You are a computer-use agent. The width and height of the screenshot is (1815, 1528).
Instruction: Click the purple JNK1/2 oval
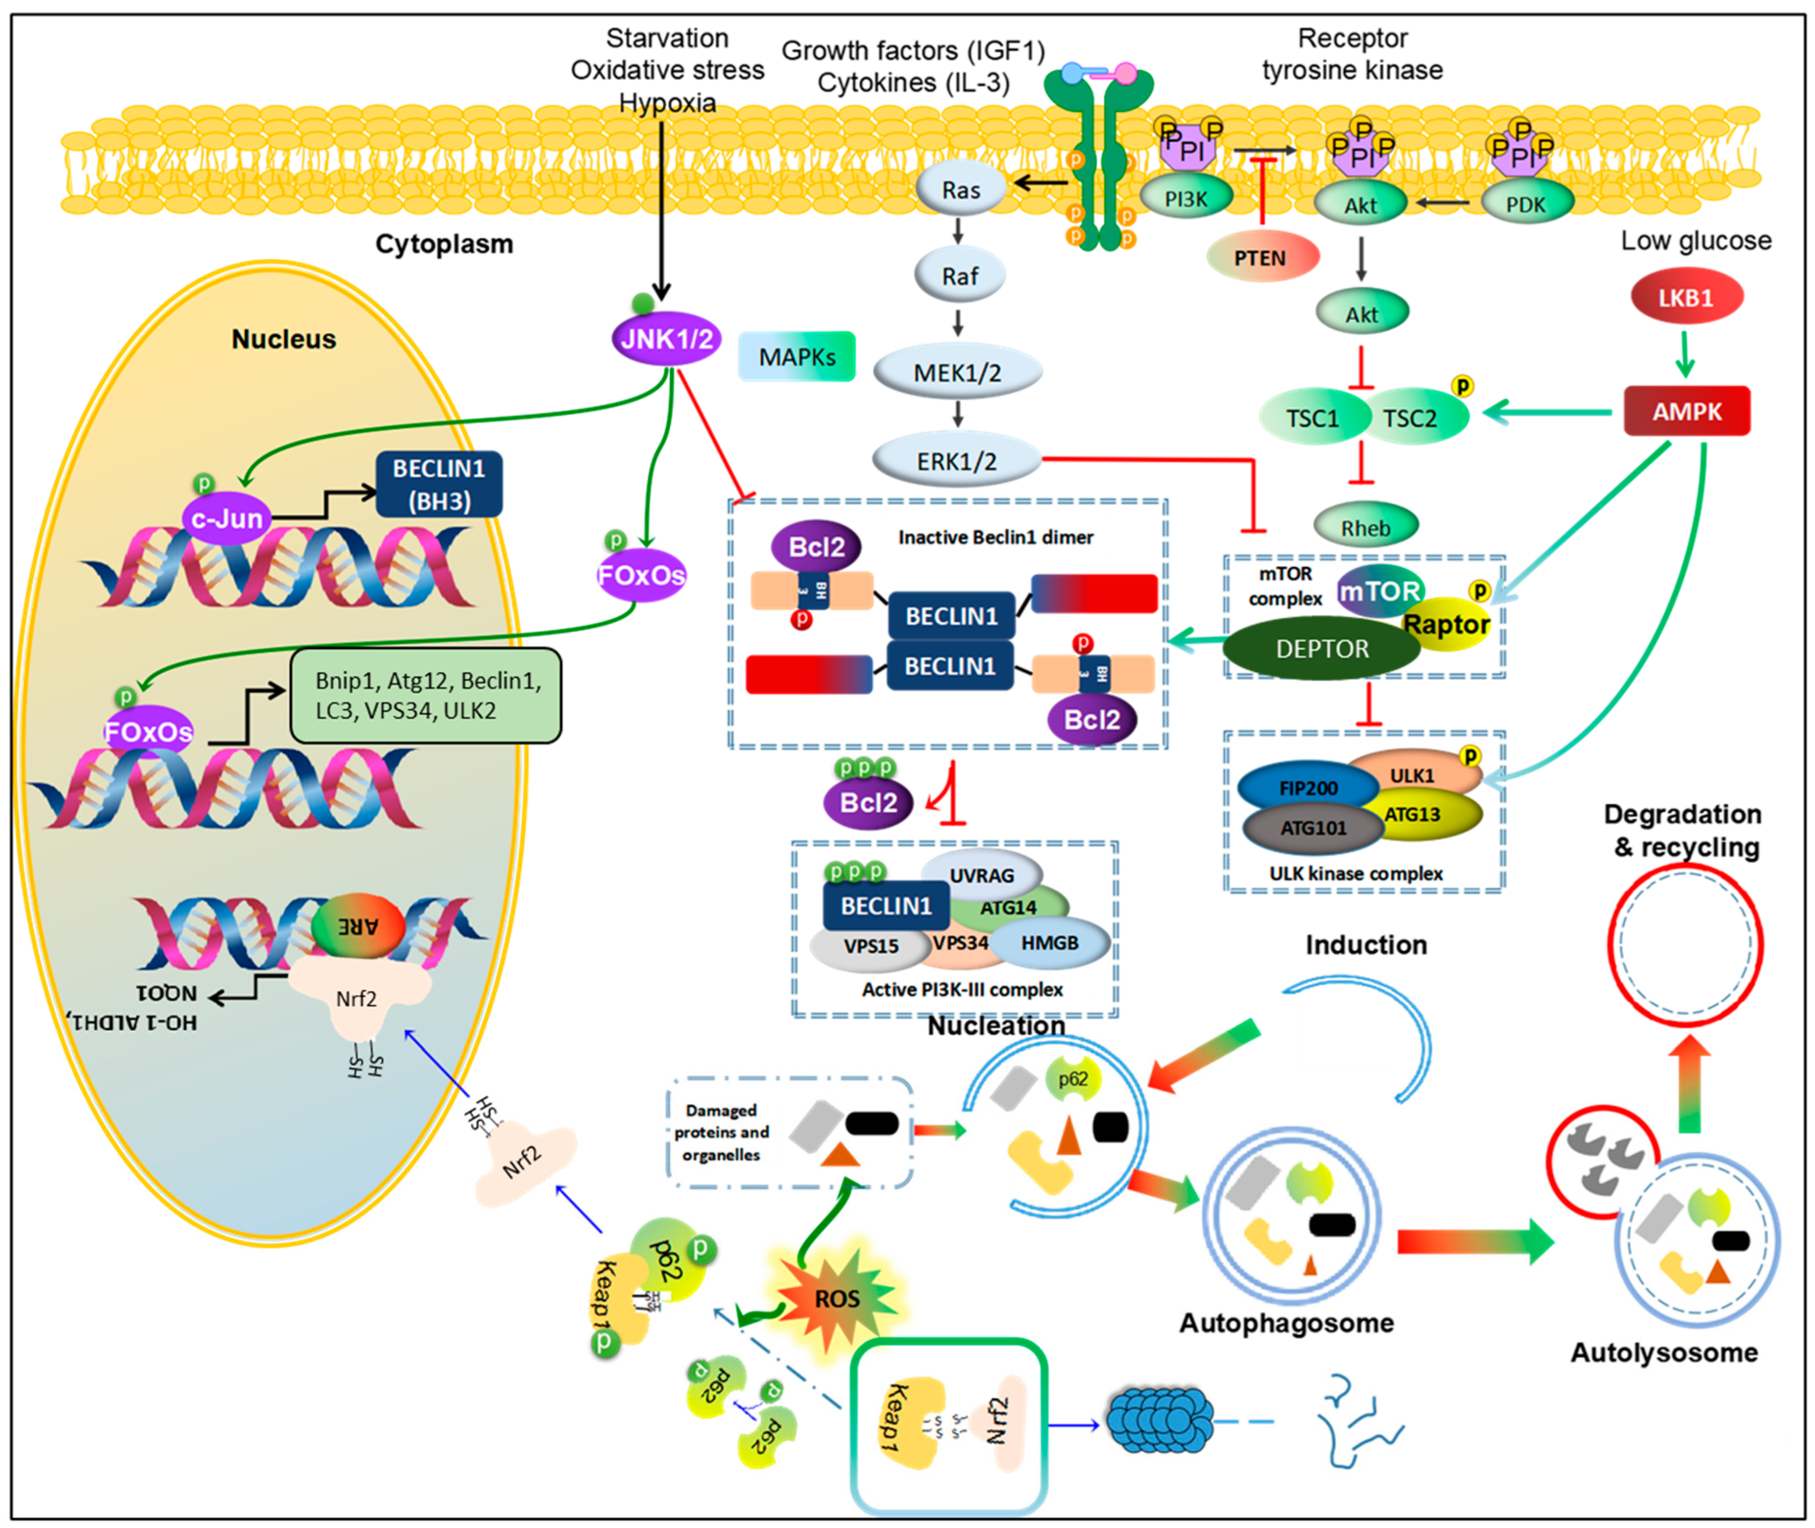[665, 338]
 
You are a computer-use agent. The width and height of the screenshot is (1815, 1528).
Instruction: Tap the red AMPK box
[1686, 411]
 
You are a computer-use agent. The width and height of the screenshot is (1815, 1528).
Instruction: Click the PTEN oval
[1261, 257]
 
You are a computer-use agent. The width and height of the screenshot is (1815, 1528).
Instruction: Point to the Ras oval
[961, 190]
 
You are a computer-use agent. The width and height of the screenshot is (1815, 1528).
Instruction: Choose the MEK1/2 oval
[958, 372]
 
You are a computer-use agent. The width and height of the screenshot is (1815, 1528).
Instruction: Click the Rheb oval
[1366, 527]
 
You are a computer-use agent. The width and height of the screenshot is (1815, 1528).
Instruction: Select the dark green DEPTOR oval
[1322, 649]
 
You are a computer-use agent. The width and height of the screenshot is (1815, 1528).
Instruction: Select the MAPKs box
[797, 357]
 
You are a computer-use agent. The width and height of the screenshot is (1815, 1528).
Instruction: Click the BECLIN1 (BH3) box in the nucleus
[439, 484]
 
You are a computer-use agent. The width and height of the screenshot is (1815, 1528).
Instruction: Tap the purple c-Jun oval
[227, 519]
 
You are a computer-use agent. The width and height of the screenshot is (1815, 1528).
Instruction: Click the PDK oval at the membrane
[1526, 204]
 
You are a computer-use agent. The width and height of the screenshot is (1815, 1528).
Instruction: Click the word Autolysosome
[1663, 1352]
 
